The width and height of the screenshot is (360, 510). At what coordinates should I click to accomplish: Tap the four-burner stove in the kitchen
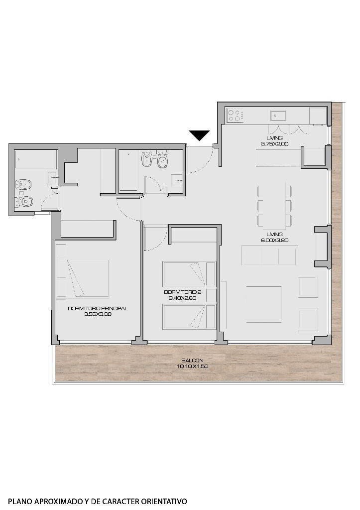pyautogui.click(x=235, y=116)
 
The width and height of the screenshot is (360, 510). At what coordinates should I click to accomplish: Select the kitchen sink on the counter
pyautogui.click(x=277, y=116)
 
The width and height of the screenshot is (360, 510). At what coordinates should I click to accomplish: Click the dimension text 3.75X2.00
pyautogui.click(x=274, y=144)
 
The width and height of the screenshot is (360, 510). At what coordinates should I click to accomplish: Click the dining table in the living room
pyautogui.click(x=274, y=206)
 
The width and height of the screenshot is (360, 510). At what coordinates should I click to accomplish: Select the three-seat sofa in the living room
pyautogui.click(x=268, y=255)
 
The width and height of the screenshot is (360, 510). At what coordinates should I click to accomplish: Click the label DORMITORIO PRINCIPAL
pyautogui.click(x=98, y=308)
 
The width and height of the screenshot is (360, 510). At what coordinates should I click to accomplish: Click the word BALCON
pyautogui.click(x=190, y=361)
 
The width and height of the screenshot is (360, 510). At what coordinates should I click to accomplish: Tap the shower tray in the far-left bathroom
pyautogui.click(x=35, y=160)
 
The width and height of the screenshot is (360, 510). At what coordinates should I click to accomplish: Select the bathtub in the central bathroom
pyautogui.click(x=130, y=170)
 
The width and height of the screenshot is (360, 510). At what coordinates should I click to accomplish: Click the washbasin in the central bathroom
pyautogui.click(x=177, y=181)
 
